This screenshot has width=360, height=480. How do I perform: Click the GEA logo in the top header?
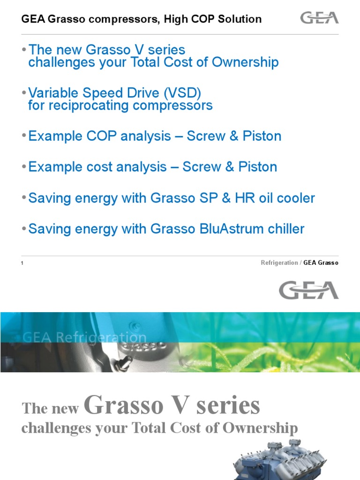click(x=319, y=18)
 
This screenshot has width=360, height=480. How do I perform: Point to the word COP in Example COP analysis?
click(x=102, y=136)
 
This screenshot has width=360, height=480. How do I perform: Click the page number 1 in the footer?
click(x=22, y=263)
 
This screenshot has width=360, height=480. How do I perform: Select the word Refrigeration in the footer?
click(x=279, y=262)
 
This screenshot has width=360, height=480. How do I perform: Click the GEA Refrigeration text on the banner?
click(x=85, y=337)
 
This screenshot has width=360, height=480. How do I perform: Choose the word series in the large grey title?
click(x=229, y=406)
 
